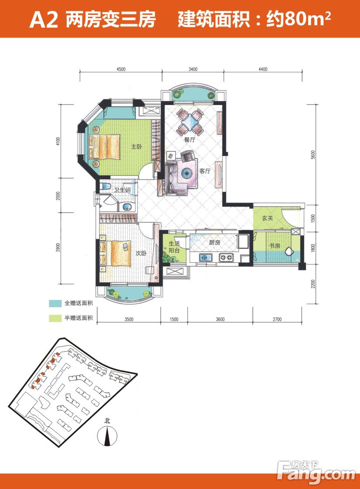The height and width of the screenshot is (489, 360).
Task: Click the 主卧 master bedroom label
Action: [x=136, y=146]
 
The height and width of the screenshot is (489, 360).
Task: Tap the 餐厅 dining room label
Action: [x=189, y=140]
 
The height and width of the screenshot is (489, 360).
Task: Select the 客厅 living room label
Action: [x=205, y=171]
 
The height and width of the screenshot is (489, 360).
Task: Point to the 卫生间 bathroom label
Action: [x=122, y=190]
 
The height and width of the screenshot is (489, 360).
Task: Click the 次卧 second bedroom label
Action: [x=141, y=254]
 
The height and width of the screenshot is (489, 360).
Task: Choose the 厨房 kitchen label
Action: [x=214, y=242]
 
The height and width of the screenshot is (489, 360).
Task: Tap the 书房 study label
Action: [x=275, y=246]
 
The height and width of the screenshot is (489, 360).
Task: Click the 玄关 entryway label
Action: [x=267, y=218]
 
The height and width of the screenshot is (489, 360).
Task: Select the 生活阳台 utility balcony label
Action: [x=174, y=247]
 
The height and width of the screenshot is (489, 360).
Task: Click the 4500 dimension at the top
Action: [x=121, y=69]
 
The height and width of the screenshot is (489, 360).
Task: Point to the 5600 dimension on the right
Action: [x=313, y=155]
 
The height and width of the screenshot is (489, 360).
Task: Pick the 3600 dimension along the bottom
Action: [x=220, y=319]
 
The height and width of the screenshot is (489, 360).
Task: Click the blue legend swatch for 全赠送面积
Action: [x=55, y=303]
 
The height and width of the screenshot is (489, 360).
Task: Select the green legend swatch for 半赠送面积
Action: [x=55, y=318]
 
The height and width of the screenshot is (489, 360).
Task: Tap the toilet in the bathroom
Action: [x=105, y=187]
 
